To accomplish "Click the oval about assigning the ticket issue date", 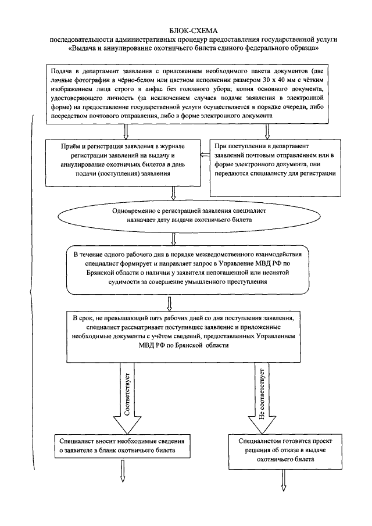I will pyautogui.click(x=174, y=216).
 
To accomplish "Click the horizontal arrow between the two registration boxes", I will pyautogui.click(x=204, y=155).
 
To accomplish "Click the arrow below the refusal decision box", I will pyautogui.click(x=284, y=475).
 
